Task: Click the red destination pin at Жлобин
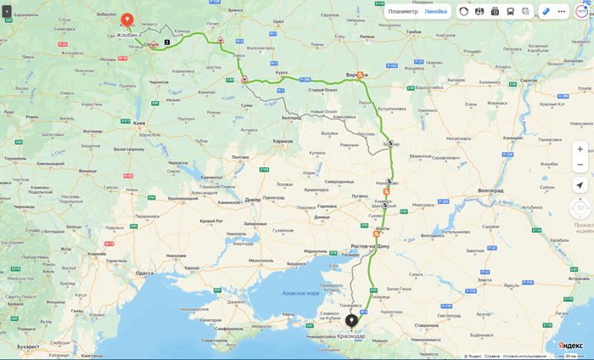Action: coord(127,19)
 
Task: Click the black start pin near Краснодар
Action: coord(351,320)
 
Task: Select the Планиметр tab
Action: coord(403,11)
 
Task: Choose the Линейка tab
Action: coord(435,11)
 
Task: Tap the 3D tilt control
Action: coord(580,207)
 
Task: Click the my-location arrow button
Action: coord(580,185)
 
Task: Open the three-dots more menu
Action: coord(561,11)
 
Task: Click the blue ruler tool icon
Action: coord(546,11)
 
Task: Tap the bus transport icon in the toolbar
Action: coord(510,11)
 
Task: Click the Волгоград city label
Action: coord(490,191)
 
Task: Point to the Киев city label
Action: coord(139,124)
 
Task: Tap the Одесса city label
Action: coord(144,273)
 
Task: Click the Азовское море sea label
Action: coord(300,293)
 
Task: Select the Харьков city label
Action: coord(283,141)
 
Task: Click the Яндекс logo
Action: coord(570,346)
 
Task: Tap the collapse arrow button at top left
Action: coord(7,11)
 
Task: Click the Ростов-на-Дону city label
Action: coord(370,246)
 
